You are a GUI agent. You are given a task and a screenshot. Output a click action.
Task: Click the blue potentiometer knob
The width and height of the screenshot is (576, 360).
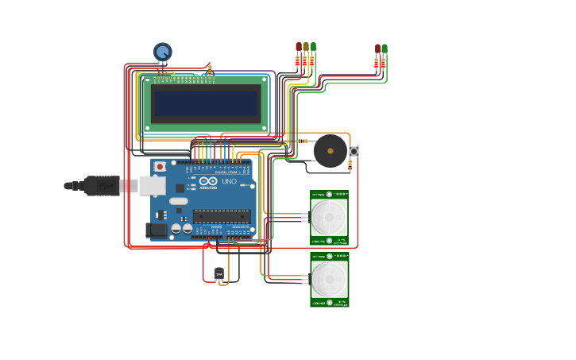pos(163,52)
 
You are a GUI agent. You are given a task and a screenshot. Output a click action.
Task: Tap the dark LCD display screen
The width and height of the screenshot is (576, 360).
pos(207,103)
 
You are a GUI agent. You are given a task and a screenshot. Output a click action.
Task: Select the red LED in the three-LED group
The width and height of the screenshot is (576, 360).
pos(299,47)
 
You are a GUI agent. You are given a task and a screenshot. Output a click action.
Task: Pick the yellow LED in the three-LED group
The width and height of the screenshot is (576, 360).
pos(306,47)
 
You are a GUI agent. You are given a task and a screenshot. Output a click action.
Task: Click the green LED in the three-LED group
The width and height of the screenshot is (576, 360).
pos(313,47)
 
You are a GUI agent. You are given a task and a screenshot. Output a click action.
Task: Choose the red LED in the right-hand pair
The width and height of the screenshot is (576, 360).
pos(377,49)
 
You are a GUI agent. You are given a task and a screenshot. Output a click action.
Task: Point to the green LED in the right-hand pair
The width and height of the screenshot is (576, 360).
pos(385,49)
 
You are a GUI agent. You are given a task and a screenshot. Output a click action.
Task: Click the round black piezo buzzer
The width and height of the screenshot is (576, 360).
pos(330,150)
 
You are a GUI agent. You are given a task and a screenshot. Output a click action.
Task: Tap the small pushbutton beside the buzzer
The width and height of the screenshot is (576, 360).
pos(354,150)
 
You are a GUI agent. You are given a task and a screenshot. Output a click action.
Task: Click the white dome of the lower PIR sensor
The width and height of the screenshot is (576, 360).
pos(329,278)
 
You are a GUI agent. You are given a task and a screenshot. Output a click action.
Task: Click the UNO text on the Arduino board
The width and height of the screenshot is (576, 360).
pos(228,181)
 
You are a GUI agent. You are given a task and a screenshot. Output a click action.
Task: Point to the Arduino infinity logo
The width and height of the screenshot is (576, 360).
pos(207,181)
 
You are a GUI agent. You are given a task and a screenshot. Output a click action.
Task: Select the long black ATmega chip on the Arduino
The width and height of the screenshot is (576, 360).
pos(222,215)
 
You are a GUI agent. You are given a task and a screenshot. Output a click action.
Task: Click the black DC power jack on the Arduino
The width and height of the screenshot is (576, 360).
pos(157,230)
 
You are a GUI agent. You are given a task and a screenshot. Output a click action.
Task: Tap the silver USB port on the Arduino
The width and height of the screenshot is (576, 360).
pos(152,186)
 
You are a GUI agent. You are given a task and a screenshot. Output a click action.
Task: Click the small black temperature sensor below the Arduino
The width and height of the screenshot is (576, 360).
pos(219,274)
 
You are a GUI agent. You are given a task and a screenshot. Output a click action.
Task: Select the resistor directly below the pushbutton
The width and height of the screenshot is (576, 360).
pos(350,165)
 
